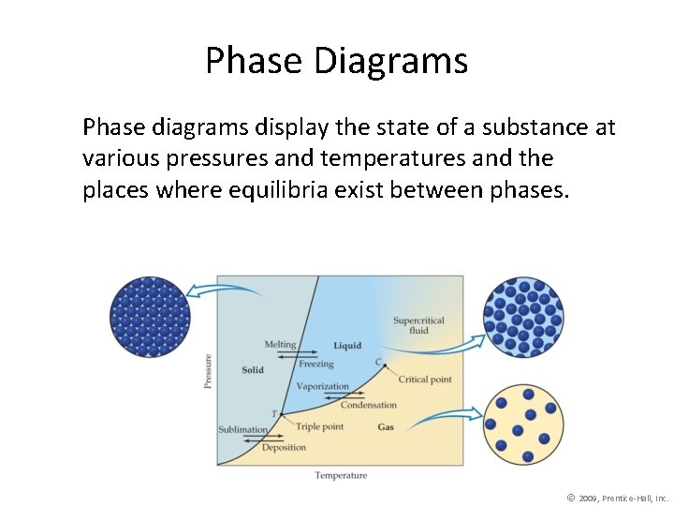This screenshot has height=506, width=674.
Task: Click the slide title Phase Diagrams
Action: (336, 62)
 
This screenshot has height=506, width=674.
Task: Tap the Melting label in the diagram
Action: (280, 345)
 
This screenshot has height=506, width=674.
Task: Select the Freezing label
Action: (316, 364)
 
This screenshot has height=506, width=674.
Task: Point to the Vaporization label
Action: (322, 386)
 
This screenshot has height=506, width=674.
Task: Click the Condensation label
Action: (368, 405)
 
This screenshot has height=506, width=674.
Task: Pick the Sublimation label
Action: (242, 429)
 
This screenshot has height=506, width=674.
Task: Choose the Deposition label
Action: (284, 447)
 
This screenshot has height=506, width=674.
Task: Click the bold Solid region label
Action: (253, 370)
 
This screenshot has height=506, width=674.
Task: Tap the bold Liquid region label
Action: (347, 346)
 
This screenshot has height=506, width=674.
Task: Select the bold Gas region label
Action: (385, 427)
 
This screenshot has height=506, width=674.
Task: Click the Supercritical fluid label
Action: (418, 325)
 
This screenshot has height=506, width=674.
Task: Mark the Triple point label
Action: (319, 426)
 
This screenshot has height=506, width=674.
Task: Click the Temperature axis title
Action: (341, 475)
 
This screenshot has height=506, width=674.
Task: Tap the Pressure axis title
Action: (208, 370)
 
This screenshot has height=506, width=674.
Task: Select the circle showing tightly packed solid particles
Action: (150, 316)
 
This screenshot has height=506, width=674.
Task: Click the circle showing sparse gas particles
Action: (522, 424)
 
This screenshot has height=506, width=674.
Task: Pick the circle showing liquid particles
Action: (523, 317)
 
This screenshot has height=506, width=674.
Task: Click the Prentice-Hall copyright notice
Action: (618, 498)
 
